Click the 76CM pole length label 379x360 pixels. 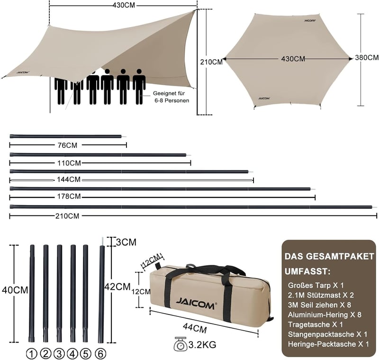68,145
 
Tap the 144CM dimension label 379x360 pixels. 69,180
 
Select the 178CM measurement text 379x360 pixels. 69,196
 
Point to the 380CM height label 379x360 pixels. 367,57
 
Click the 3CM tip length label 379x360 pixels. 126,242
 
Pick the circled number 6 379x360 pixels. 100,354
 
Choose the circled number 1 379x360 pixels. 31,354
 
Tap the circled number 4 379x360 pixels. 72,354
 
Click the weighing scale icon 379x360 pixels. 180,344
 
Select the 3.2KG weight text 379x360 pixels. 202,344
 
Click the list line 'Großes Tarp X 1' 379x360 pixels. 316,285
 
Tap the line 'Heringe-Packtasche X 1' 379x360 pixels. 328,344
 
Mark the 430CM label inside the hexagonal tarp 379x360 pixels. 293,59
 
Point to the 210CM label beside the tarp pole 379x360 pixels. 211,62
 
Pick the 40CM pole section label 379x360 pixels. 15,290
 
